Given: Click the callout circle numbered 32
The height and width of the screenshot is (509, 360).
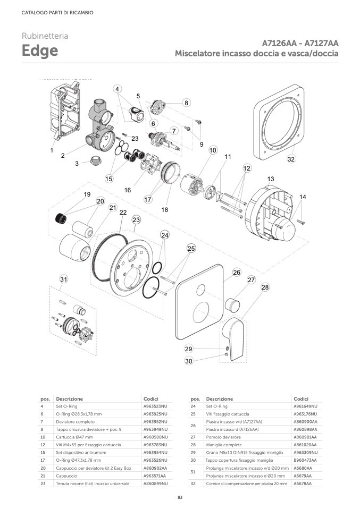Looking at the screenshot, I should pos(291,159).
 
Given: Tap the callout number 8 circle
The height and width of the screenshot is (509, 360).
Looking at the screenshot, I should pos(186,103).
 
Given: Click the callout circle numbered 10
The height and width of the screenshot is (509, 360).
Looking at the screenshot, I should pos(213,150).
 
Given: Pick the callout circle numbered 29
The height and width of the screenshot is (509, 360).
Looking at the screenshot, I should pos(189,349).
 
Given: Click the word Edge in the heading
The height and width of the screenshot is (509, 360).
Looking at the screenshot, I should pos(40,52).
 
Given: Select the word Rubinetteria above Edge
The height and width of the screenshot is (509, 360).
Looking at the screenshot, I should pos(45,36).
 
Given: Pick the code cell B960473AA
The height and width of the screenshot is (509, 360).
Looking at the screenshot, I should pos(305,460).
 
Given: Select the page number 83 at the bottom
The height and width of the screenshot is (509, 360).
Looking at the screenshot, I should pos(180,497).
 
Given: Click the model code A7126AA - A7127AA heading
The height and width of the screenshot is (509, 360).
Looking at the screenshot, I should pos(300,43).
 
